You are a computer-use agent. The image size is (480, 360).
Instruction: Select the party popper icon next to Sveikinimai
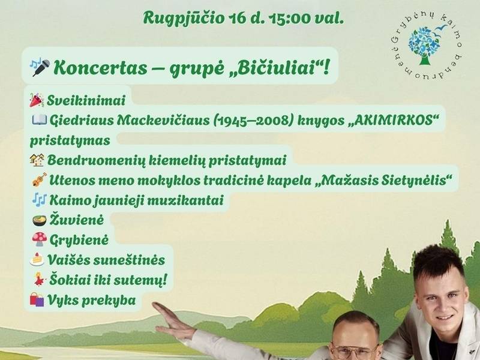(x=37, y=100)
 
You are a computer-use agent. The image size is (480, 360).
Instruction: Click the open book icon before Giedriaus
(x=40, y=119)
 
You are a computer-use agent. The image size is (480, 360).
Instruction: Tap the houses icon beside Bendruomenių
(x=37, y=160)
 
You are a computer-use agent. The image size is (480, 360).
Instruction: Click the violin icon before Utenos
(x=40, y=179)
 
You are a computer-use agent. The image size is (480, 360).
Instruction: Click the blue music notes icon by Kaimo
(x=40, y=200)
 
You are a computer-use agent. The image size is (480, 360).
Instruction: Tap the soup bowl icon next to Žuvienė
(x=40, y=220)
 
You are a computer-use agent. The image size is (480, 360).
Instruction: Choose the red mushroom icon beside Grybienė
(x=40, y=239)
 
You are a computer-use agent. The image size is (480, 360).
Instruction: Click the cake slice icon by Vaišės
(x=37, y=259)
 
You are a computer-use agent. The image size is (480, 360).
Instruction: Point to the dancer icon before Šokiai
(x=40, y=279)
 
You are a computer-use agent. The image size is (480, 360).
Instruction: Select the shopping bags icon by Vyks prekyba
(x=37, y=299)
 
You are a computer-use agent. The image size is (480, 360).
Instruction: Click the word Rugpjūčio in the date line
(x=184, y=19)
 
